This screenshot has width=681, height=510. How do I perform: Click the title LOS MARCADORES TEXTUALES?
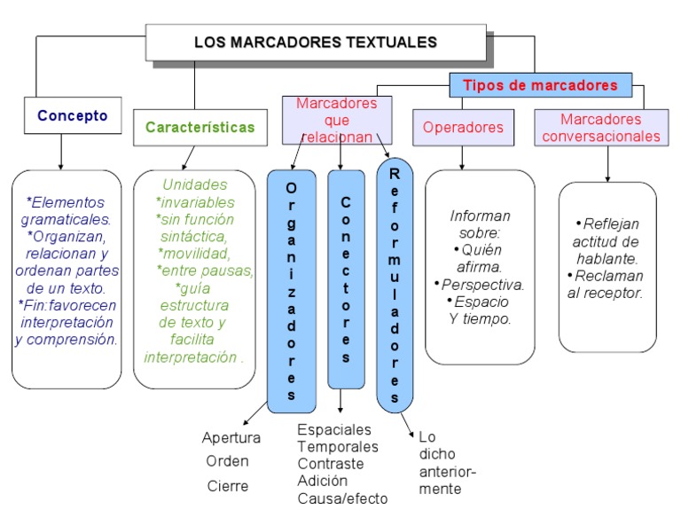(x=316, y=42)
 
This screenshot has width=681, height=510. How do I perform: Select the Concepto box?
(x=73, y=115)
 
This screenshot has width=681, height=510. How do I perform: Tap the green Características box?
(x=200, y=127)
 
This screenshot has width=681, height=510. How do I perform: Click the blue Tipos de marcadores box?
(x=541, y=85)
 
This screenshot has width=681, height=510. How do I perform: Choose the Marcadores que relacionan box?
(x=336, y=121)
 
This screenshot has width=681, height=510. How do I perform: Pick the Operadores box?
(x=463, y=127)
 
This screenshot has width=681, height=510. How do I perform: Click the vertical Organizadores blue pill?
(x=292, y=289)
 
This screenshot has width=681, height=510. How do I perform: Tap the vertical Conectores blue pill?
(x=346, y=279)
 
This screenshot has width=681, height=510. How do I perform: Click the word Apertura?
(x=231, y=437)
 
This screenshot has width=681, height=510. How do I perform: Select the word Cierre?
(x=228, y=485)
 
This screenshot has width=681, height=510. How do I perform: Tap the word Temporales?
(x=338, y=446)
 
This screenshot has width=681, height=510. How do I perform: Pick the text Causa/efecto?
(x=342, y=498)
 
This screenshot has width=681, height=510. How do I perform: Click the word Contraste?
(x=331, y=463)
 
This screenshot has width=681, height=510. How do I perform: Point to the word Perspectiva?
(x=482, y=285)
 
